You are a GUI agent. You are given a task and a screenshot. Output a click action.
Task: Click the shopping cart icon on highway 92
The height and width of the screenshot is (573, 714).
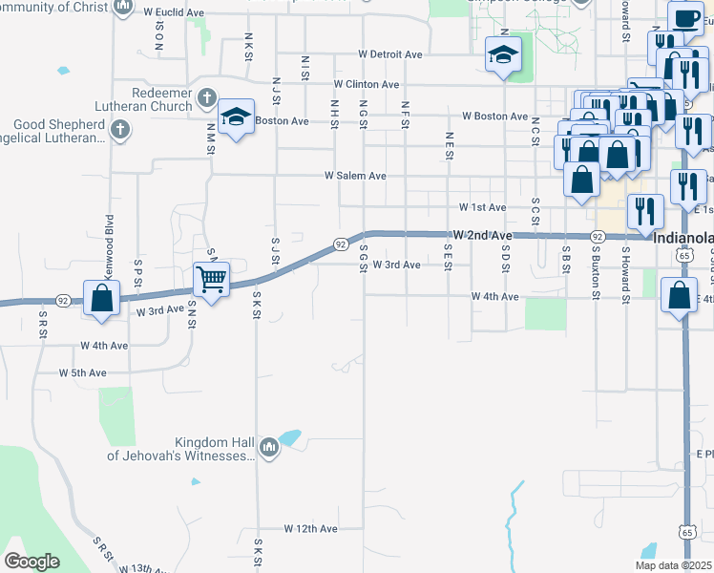tap(211, 280)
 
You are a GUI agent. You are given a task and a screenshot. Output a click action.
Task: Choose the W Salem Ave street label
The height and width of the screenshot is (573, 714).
tap(355, 176)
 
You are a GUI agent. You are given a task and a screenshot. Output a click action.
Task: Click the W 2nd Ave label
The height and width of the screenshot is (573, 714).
tap(483, 234)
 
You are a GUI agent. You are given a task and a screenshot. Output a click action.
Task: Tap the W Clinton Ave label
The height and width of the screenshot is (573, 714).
tap(366, 84)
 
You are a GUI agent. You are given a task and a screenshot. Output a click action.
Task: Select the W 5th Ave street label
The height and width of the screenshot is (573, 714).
tap(82, 372)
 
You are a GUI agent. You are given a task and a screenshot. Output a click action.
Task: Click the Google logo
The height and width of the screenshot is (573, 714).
tap(31, 562)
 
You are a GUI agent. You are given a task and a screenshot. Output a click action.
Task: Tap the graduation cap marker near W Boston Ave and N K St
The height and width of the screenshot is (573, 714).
tap(236, 117)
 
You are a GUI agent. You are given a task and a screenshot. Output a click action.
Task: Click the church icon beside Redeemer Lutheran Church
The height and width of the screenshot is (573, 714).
tap(206, 97)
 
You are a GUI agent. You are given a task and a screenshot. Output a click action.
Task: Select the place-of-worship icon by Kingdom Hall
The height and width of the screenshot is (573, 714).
tap(269, 447)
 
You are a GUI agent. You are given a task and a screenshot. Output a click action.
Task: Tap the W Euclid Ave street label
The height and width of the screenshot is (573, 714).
tap(174, 13)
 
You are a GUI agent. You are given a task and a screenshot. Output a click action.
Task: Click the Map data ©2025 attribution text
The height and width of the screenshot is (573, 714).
tap(673, 565)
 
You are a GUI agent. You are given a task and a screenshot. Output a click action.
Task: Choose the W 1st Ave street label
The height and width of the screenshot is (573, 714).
tap(482, 207)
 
